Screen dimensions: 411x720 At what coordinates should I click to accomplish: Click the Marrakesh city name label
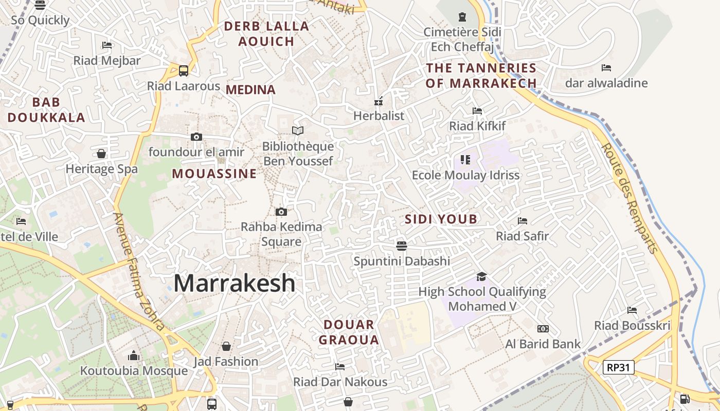(235, 283)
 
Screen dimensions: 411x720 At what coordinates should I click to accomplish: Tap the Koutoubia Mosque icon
(134, 356)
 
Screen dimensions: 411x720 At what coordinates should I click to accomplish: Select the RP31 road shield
(619, 367)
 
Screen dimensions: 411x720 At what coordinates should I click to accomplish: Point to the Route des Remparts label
(629, 198)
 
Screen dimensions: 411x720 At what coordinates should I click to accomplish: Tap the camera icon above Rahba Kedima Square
(281, 212)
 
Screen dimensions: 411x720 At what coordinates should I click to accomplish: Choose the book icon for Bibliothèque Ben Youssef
(298, 131)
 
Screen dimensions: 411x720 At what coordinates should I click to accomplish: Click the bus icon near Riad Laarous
(184, 71)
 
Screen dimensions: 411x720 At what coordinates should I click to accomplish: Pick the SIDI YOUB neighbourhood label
(441, 219)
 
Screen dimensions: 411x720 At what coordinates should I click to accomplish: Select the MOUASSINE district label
(214, 174)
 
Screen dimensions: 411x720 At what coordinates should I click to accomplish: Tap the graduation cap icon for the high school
(481, 277)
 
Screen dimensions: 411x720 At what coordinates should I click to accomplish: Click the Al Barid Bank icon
(543, 329)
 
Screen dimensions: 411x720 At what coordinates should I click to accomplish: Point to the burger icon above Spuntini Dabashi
(402, 246)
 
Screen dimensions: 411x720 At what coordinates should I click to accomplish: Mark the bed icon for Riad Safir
(523, 221)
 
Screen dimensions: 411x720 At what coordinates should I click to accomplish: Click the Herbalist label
(379, 116)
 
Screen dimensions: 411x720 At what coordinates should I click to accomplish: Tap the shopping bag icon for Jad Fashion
(226, 346)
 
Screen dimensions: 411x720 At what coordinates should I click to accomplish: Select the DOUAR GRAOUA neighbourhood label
(349, 332)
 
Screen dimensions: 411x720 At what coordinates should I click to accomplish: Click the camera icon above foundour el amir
(196, 137)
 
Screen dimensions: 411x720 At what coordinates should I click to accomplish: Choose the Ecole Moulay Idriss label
(466, 175)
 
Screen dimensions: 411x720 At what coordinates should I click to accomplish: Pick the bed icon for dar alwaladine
(606, 68)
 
